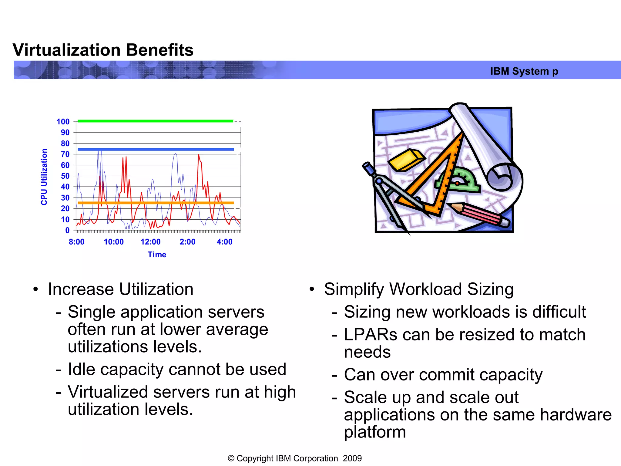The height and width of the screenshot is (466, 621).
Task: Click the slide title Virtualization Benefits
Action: (x=103, y=50)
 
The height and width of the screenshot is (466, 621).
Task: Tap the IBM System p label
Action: (x=524, y=71)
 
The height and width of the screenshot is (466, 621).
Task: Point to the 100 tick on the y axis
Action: (x=63, y=122)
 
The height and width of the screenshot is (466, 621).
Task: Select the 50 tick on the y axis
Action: (x=65, y=176)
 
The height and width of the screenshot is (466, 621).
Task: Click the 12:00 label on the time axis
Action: (x=150, y=242)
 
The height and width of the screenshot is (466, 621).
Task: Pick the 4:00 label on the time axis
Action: (x=224, y=242)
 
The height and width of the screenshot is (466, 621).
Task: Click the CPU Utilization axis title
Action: (x=44, y=177)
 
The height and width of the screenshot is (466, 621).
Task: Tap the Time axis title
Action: (x=157, y=255)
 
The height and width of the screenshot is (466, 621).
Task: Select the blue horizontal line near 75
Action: (x=155, y=149)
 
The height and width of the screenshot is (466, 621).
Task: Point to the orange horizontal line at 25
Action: (x=155, y=203)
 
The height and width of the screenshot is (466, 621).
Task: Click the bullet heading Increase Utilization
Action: (x=120, y=289)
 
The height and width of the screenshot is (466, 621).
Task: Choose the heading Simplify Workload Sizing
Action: (x=418, y=289)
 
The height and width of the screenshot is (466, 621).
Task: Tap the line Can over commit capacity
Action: (x=443, y=375)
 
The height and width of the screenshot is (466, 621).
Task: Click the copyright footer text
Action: (x=295, y=458)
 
